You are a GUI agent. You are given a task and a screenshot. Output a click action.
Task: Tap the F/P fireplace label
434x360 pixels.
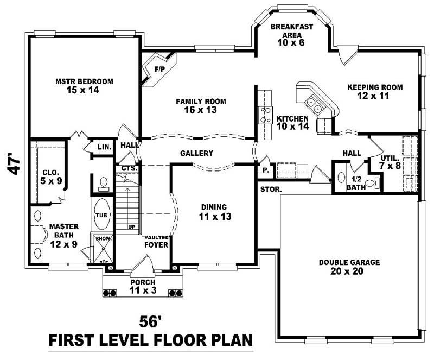[x=159, y=70]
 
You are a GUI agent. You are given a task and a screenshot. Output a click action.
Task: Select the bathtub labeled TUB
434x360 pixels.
[x=102, y=214]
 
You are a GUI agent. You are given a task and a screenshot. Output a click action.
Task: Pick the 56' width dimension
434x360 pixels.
[x=151, y=321]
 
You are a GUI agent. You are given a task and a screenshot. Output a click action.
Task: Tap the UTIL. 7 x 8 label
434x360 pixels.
[x=390, y=161]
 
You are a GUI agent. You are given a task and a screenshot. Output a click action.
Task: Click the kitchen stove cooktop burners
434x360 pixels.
[x=266, y=115]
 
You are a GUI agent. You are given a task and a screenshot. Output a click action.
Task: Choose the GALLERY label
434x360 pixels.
[x=196, y=154]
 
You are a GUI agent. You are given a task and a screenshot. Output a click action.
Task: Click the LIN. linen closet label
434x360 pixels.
[x=104, y=147]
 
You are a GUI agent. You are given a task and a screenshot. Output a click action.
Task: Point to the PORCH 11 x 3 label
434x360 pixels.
[x=142, y=286]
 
